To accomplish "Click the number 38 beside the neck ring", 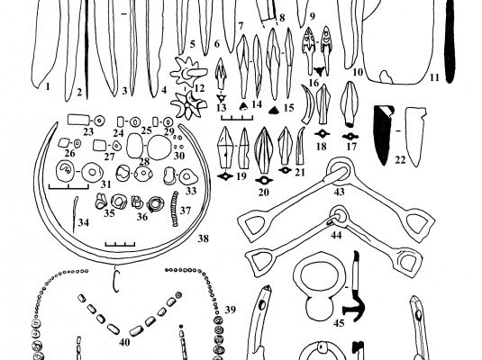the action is coord(204,238).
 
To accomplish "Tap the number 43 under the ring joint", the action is coord(339,192).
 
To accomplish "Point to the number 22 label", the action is coord(400,159).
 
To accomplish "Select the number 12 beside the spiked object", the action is coord(199,88).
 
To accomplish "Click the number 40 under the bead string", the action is coord(124,342).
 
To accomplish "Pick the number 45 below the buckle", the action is coord(339,323).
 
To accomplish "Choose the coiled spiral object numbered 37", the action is coord(175,209).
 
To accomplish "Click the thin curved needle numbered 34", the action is coord(75,214).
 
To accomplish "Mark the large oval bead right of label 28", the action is coord(159,148).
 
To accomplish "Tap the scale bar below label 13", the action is coord(237,117).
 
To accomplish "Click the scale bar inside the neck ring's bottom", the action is coord(120,244).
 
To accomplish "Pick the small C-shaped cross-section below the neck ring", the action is coord(115,280).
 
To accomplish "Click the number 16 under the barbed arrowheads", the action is coord(314,83).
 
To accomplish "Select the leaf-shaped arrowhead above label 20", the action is coord(263,150).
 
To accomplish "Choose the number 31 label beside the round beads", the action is coord(105,184).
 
